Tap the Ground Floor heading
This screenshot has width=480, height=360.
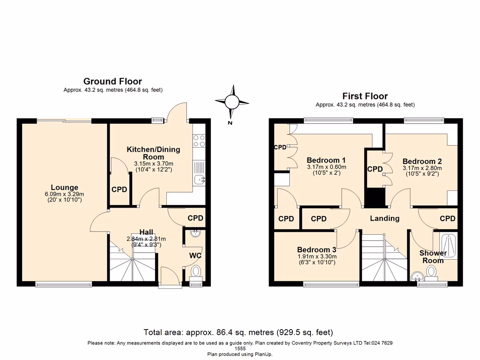point(112,82)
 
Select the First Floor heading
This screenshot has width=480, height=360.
point(365,96)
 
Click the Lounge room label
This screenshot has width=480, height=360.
point(65,187)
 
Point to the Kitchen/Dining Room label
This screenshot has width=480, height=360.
point(153,153)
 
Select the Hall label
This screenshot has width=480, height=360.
point(146,232)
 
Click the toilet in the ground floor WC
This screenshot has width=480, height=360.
point(196,271)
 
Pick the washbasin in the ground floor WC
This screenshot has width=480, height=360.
point(196,234)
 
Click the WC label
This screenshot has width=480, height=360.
point(195,255)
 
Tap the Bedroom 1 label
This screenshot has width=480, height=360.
point(326,159)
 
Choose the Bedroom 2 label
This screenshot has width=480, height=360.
point(422,161)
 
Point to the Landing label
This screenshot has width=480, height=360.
point(384,218)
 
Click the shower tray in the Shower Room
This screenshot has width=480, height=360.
point(448,246)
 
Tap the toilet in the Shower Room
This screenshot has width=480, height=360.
point(431,271)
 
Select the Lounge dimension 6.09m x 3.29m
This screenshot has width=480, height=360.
point(65,194)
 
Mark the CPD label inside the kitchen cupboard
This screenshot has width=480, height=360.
point(120,190)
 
